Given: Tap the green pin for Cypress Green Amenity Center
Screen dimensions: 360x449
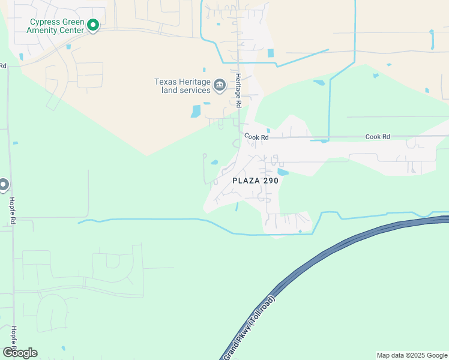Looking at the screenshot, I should (x=92, y=25).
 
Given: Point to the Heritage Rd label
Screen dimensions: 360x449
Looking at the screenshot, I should (x=238, y=91).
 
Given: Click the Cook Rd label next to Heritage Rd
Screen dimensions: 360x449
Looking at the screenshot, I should (x=256, y=137).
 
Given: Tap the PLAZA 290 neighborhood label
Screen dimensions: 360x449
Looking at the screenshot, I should (x=255, y=179).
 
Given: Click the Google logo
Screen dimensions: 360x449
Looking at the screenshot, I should (x=20, y=352).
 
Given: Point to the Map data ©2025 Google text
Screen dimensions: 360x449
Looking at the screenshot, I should (x=412, y=355).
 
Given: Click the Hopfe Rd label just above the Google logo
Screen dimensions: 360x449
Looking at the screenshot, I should (x=13, y=339).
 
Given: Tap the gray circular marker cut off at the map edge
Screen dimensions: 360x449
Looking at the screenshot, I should (x=3, y=185).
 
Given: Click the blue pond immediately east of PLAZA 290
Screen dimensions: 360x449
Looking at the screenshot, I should (x=283, y=172).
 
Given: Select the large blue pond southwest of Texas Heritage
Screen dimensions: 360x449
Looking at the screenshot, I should (x=196, y=111).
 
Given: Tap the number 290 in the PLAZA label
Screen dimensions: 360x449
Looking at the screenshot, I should (x=270, y=179).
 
